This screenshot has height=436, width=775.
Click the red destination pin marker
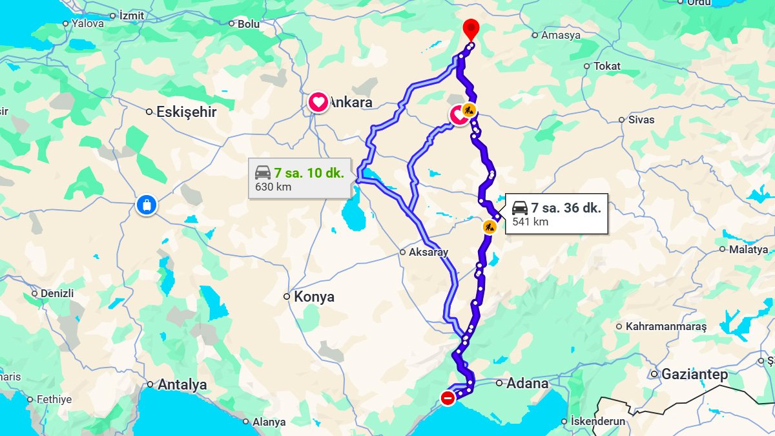point(471,28)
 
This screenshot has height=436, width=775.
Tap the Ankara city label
point(351,103)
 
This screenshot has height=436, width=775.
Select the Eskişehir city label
point(186,112)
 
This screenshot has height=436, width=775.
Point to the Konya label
point(314,297)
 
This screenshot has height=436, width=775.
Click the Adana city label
point(527,383)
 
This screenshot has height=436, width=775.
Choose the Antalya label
point(182,385)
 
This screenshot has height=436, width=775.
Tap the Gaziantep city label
point(695,375)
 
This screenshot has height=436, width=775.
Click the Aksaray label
point(428,253)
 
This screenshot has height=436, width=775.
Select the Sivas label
point(641,119)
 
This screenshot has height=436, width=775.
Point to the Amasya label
point(561,36)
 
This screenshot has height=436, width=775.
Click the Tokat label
point(606,66)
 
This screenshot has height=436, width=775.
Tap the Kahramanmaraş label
point(666,327)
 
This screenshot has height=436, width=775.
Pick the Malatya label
point(748,249)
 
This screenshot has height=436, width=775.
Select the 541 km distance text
point(530,222)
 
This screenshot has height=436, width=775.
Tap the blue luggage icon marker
point(147,205)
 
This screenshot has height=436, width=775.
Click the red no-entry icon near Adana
point(448,398)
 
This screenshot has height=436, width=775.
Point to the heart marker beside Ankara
point(318,103)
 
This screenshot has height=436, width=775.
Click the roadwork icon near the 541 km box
point(490,227)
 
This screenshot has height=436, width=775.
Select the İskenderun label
point(598,422)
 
